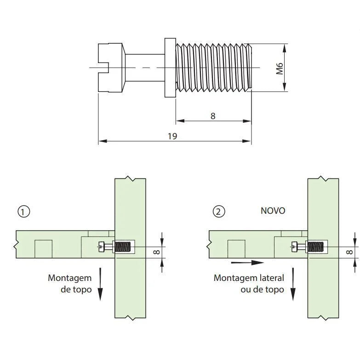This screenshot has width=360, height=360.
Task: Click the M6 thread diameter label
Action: (279, 69)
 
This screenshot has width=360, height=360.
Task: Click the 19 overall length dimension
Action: (173, 136)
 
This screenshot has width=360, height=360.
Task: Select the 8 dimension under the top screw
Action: (213, 116)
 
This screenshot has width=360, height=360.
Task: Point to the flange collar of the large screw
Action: (170, 68)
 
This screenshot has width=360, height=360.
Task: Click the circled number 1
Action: (23, 211)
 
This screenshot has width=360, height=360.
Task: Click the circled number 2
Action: (219, 211)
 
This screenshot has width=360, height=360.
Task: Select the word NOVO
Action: (273, 211)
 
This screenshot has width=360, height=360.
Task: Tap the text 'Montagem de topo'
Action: (69, 284)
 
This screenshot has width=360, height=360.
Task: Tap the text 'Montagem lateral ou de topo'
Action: (249, 284)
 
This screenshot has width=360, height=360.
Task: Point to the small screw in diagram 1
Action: (115, 247)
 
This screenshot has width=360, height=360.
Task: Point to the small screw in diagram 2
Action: (308, 247)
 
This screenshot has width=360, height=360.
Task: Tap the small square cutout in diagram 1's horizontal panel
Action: (44, 249)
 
